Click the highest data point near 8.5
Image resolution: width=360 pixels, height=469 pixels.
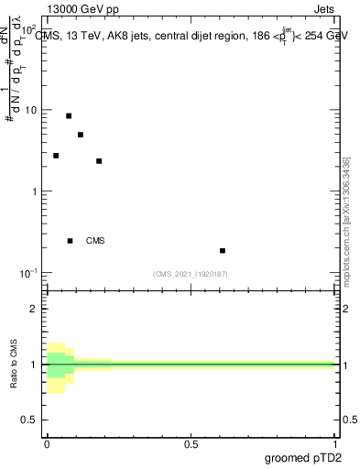tap(69, 115)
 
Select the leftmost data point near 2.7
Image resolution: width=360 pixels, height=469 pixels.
tap(56, 156)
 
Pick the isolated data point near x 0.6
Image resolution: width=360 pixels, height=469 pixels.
tap(223, 250)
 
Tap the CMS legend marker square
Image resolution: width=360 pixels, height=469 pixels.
tap(71, 241)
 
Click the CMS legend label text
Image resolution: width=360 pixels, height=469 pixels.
tap(95, 241)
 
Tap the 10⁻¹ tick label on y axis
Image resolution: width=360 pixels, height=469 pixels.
tap(30, 273)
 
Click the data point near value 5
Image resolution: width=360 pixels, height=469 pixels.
tap(81, 135)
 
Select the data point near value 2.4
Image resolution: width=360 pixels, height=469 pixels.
tap(99, 161)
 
